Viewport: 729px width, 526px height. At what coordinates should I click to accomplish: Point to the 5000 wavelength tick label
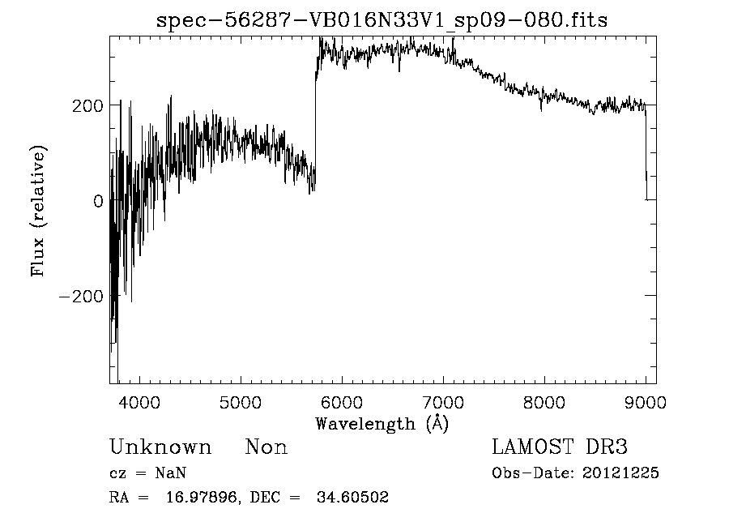click(x=241, y=401)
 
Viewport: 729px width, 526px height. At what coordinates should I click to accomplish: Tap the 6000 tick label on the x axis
click(x=342, y=401)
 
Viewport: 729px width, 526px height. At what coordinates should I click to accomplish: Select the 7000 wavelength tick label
click(x=443, y=401)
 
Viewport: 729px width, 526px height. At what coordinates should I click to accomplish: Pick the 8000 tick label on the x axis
click(x=544, y=401)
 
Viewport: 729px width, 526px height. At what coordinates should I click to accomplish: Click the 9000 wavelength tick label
click(x=646, y=401)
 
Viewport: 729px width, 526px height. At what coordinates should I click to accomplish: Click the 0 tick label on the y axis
click(x=99, y=201)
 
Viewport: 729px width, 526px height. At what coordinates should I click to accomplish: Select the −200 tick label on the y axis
click(x=82, y=297)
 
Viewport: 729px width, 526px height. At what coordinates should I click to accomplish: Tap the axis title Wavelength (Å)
click(x=382, y=423)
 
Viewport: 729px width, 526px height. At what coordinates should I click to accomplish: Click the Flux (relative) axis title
click(x=38, y=211)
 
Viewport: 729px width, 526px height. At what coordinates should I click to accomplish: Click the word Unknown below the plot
click(x=160, y=447)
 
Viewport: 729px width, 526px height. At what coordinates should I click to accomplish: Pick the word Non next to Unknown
click(x=266, y=447)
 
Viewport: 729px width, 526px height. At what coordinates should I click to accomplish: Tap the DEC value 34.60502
click(x=352, y=498)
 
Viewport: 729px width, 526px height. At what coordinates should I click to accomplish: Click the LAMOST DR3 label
click(x=560, y=447)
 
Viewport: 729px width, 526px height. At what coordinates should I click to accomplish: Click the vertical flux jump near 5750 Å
click(x=315, y=122)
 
